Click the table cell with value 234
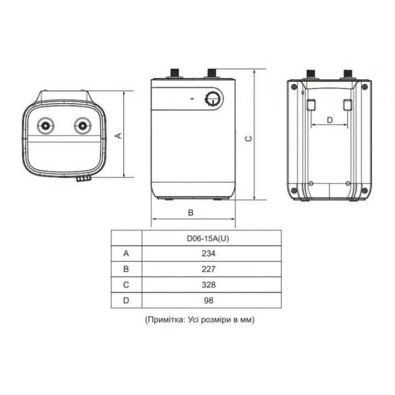(211, 253)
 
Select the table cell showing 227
(211, 269)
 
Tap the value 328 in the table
(211, 285)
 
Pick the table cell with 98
(211, 300)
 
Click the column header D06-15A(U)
(211, 238)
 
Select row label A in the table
(126, 253)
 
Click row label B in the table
(126, 269)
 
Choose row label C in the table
(126, 285)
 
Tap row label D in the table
(126, 300)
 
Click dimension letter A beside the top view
(118, 135)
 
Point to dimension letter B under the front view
(191, 212)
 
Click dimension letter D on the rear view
(330, 119)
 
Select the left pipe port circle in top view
(46, 125)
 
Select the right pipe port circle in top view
(81, 125)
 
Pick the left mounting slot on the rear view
(311, 105)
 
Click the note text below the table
(200, 320)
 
